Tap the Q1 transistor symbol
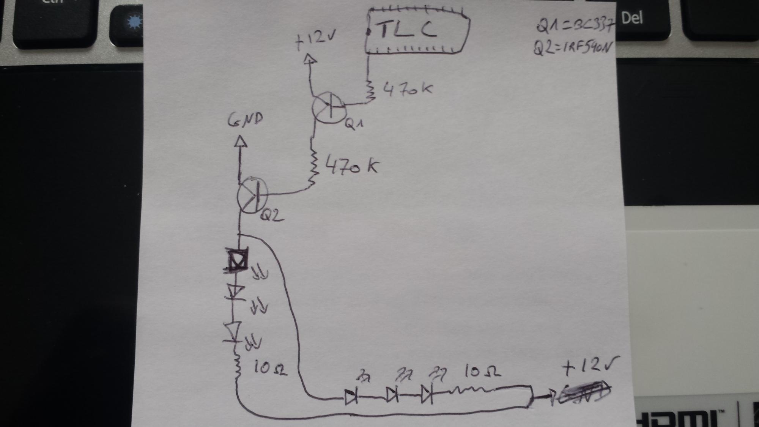pyautogui.click(x=329, y=108)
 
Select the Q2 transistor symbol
pyautogui.click(x=252, y=196)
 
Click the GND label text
pyautogui.click(x=245, y=120)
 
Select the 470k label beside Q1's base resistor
pyautogui.click(x=408, y=90)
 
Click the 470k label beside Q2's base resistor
pyautogui.click(x=351, y=166)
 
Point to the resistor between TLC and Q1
pyautogui.click(x=370, y=91)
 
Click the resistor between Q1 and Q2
pyautogui.click(x=313, y=167)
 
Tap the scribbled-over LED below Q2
pyautogui.click(x=237, y=260)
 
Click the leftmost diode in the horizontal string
pyautogui.click(x=351, y=397)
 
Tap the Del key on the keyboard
pyautogui.click(x=631, y=18)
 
